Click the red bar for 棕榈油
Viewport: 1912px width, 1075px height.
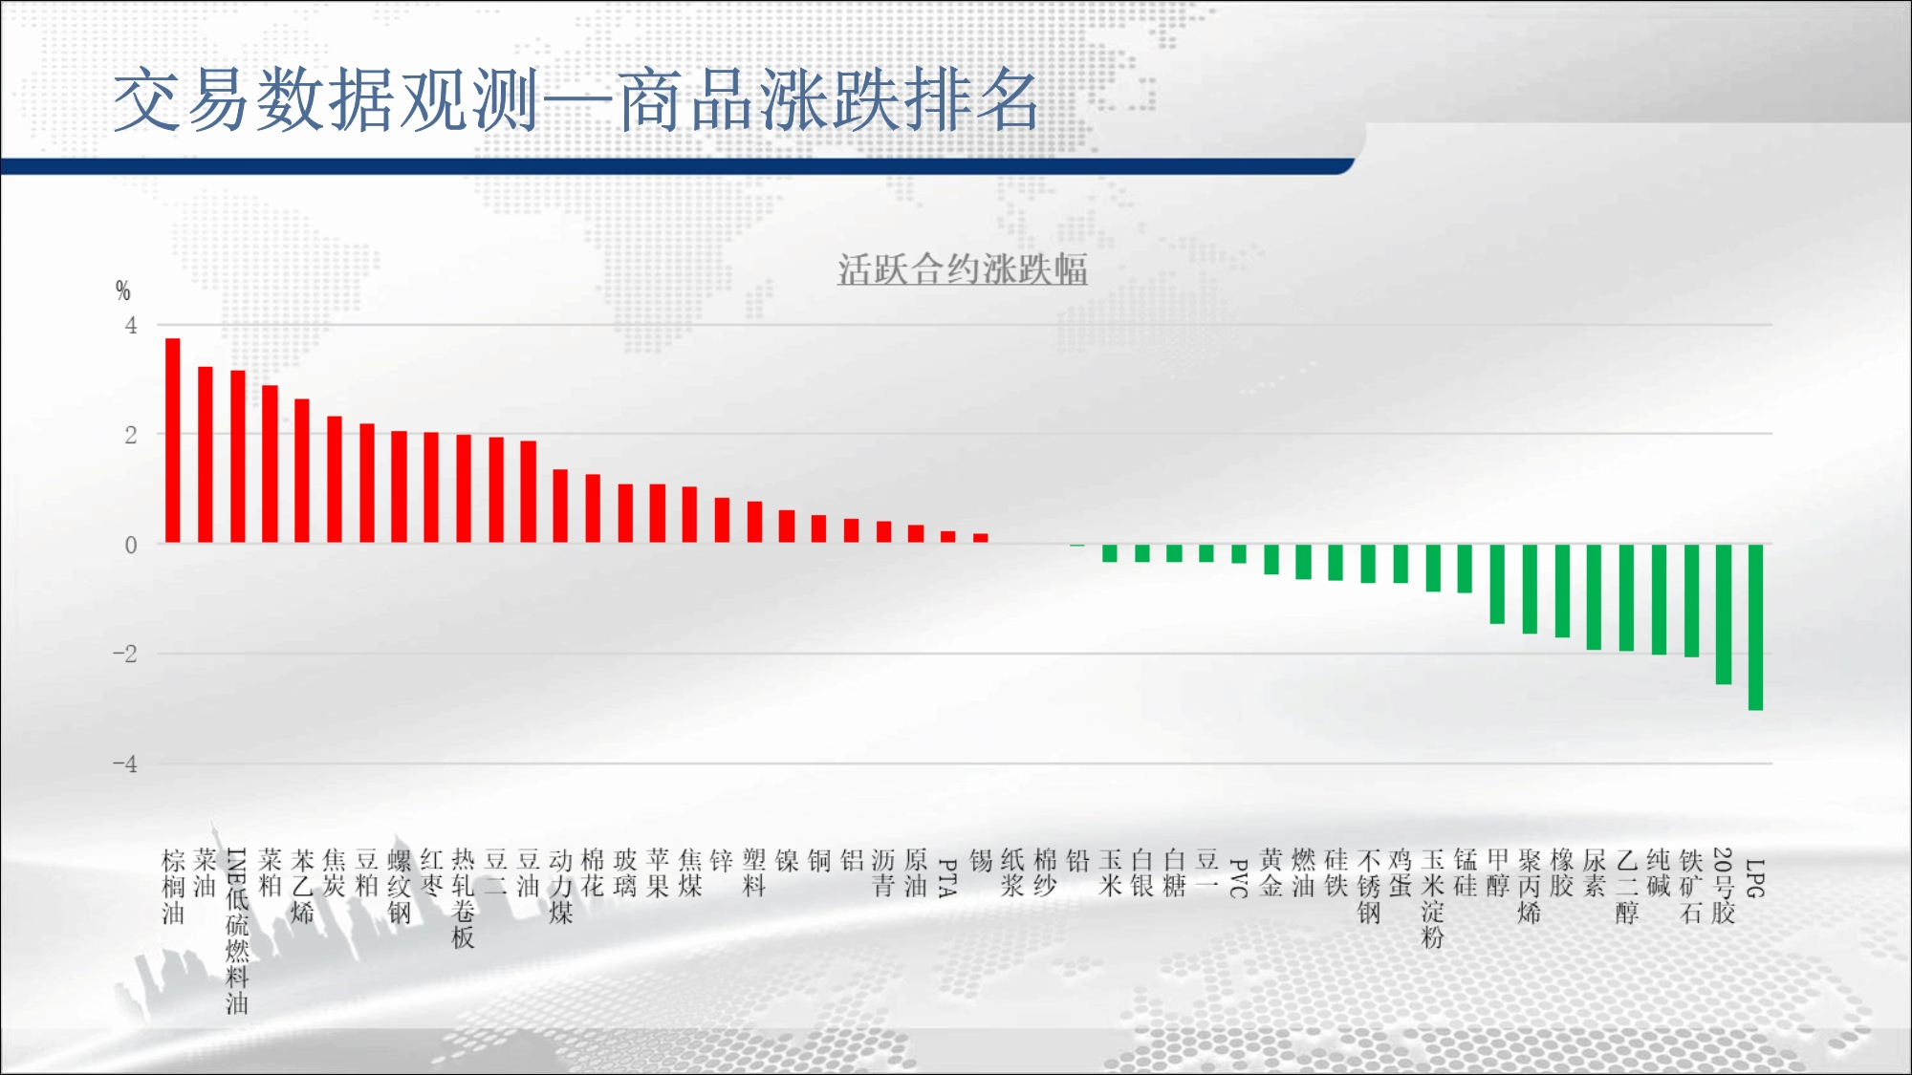click(173, 441)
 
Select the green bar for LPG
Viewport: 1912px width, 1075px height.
click(1755, 627)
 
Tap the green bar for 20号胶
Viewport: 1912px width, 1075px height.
click(1724, 614)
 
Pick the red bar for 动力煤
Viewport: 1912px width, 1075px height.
click(560, 506)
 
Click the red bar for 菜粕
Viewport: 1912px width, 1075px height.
click(270, 464)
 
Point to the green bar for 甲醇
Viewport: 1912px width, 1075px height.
click(1497, 584)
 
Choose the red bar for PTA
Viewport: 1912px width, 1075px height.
click(947, 538)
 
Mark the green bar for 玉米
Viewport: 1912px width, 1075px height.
click(1110, 553)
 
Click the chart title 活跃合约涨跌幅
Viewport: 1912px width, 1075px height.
click(963, 269)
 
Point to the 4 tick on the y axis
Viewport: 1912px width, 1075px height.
click(131, 326)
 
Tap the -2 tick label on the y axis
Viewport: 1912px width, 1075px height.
click(125, 655)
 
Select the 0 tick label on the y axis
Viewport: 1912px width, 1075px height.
click(131, 545)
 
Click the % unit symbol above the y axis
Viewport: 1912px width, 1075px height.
click(122, 290)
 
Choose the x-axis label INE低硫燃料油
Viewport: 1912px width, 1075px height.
click(237, 931)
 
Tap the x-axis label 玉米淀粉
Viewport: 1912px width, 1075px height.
click(1432, 898)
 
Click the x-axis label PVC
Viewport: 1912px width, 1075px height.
click(1238, 878)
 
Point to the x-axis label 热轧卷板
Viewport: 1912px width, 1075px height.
click(463, 898)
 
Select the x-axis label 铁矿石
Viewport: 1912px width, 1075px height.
click(1690, 886)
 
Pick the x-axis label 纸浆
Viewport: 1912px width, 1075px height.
click(1012, 873)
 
